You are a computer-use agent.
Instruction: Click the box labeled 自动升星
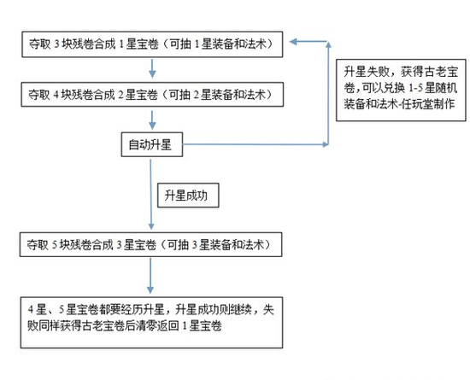tap(151, 144)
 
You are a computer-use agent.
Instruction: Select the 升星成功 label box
tap(188, 196)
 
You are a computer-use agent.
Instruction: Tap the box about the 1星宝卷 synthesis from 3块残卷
tap(152, 44)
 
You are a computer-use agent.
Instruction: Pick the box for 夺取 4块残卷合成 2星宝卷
tap(152, 95)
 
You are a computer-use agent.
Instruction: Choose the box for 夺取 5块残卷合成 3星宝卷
tap(150, 244)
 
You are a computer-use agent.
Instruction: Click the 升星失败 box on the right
tap(401, 91)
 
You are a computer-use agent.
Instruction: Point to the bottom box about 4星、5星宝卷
tap(151, 323)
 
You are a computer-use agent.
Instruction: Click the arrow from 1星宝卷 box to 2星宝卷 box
tap(152, 68)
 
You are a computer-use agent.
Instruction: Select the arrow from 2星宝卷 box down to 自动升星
tap(152, 120)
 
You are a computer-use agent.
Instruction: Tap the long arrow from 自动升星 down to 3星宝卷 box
tap(150, 195)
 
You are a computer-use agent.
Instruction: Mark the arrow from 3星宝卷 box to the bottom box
tap(150, 276)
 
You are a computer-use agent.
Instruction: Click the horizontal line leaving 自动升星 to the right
tap(256, 144)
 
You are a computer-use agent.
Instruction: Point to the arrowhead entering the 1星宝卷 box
tap(293, 42)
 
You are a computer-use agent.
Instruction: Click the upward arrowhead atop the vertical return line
tap(328, 44)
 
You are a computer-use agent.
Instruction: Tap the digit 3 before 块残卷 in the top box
tap(56, 44)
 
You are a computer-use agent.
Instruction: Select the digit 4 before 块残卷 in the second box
tap(56, 95)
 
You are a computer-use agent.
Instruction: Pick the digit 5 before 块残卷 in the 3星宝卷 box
tap(55, 245)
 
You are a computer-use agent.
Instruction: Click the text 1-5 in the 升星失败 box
tap(416, 88)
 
